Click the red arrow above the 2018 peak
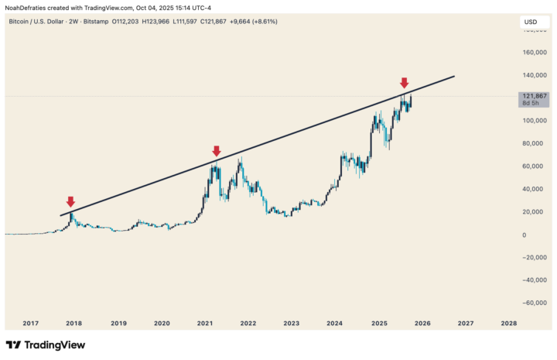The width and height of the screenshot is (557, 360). [70, 202]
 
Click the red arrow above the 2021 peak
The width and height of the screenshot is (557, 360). [217, 151]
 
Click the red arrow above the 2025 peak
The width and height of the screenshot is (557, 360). [404, 83]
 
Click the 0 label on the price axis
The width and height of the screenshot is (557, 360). [524, 235]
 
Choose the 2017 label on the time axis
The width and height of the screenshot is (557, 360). [31, 323]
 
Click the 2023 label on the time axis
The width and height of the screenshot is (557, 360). [291, 323]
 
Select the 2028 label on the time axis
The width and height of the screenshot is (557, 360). [508, 323]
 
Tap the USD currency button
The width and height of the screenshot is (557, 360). [531, 22]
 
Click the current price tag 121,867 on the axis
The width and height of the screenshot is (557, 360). [535, 95]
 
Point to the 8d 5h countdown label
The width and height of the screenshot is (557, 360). [531, 103]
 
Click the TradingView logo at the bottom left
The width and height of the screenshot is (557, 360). [46, 345]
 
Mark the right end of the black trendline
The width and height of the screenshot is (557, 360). [454, 76]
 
